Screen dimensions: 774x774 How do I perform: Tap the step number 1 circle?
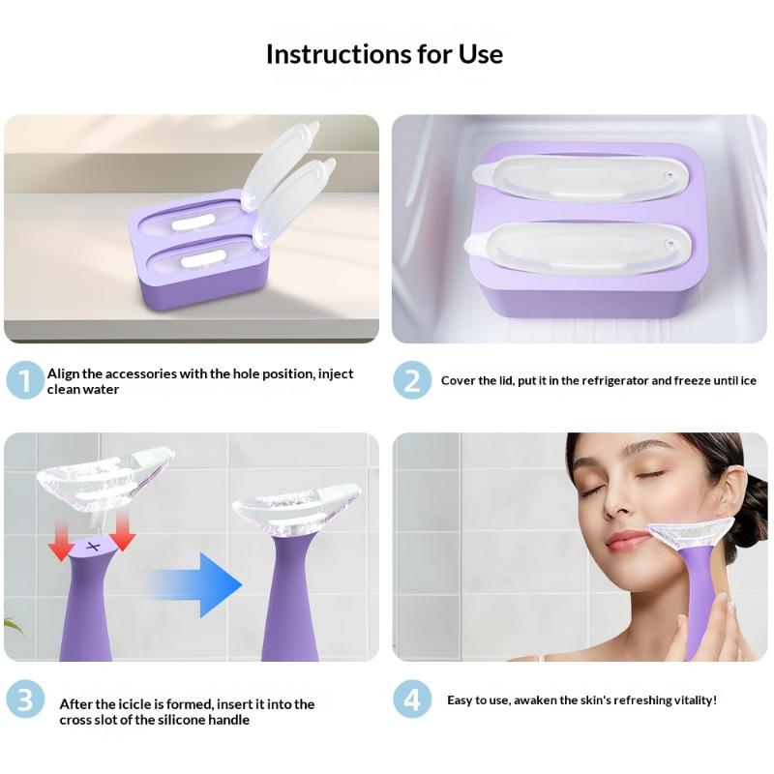(x=25, y=380)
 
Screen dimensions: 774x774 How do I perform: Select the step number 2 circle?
(x=412, y=380)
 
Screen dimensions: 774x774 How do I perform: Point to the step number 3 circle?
(x=25, y=700)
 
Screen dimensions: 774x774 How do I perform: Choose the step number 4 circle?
(x=412, y=700)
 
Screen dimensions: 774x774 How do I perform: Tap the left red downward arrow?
(x=61, y=542)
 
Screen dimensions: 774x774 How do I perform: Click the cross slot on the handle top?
(x=93, y=547)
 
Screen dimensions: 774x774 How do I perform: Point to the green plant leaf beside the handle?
(x=13, y=625)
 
